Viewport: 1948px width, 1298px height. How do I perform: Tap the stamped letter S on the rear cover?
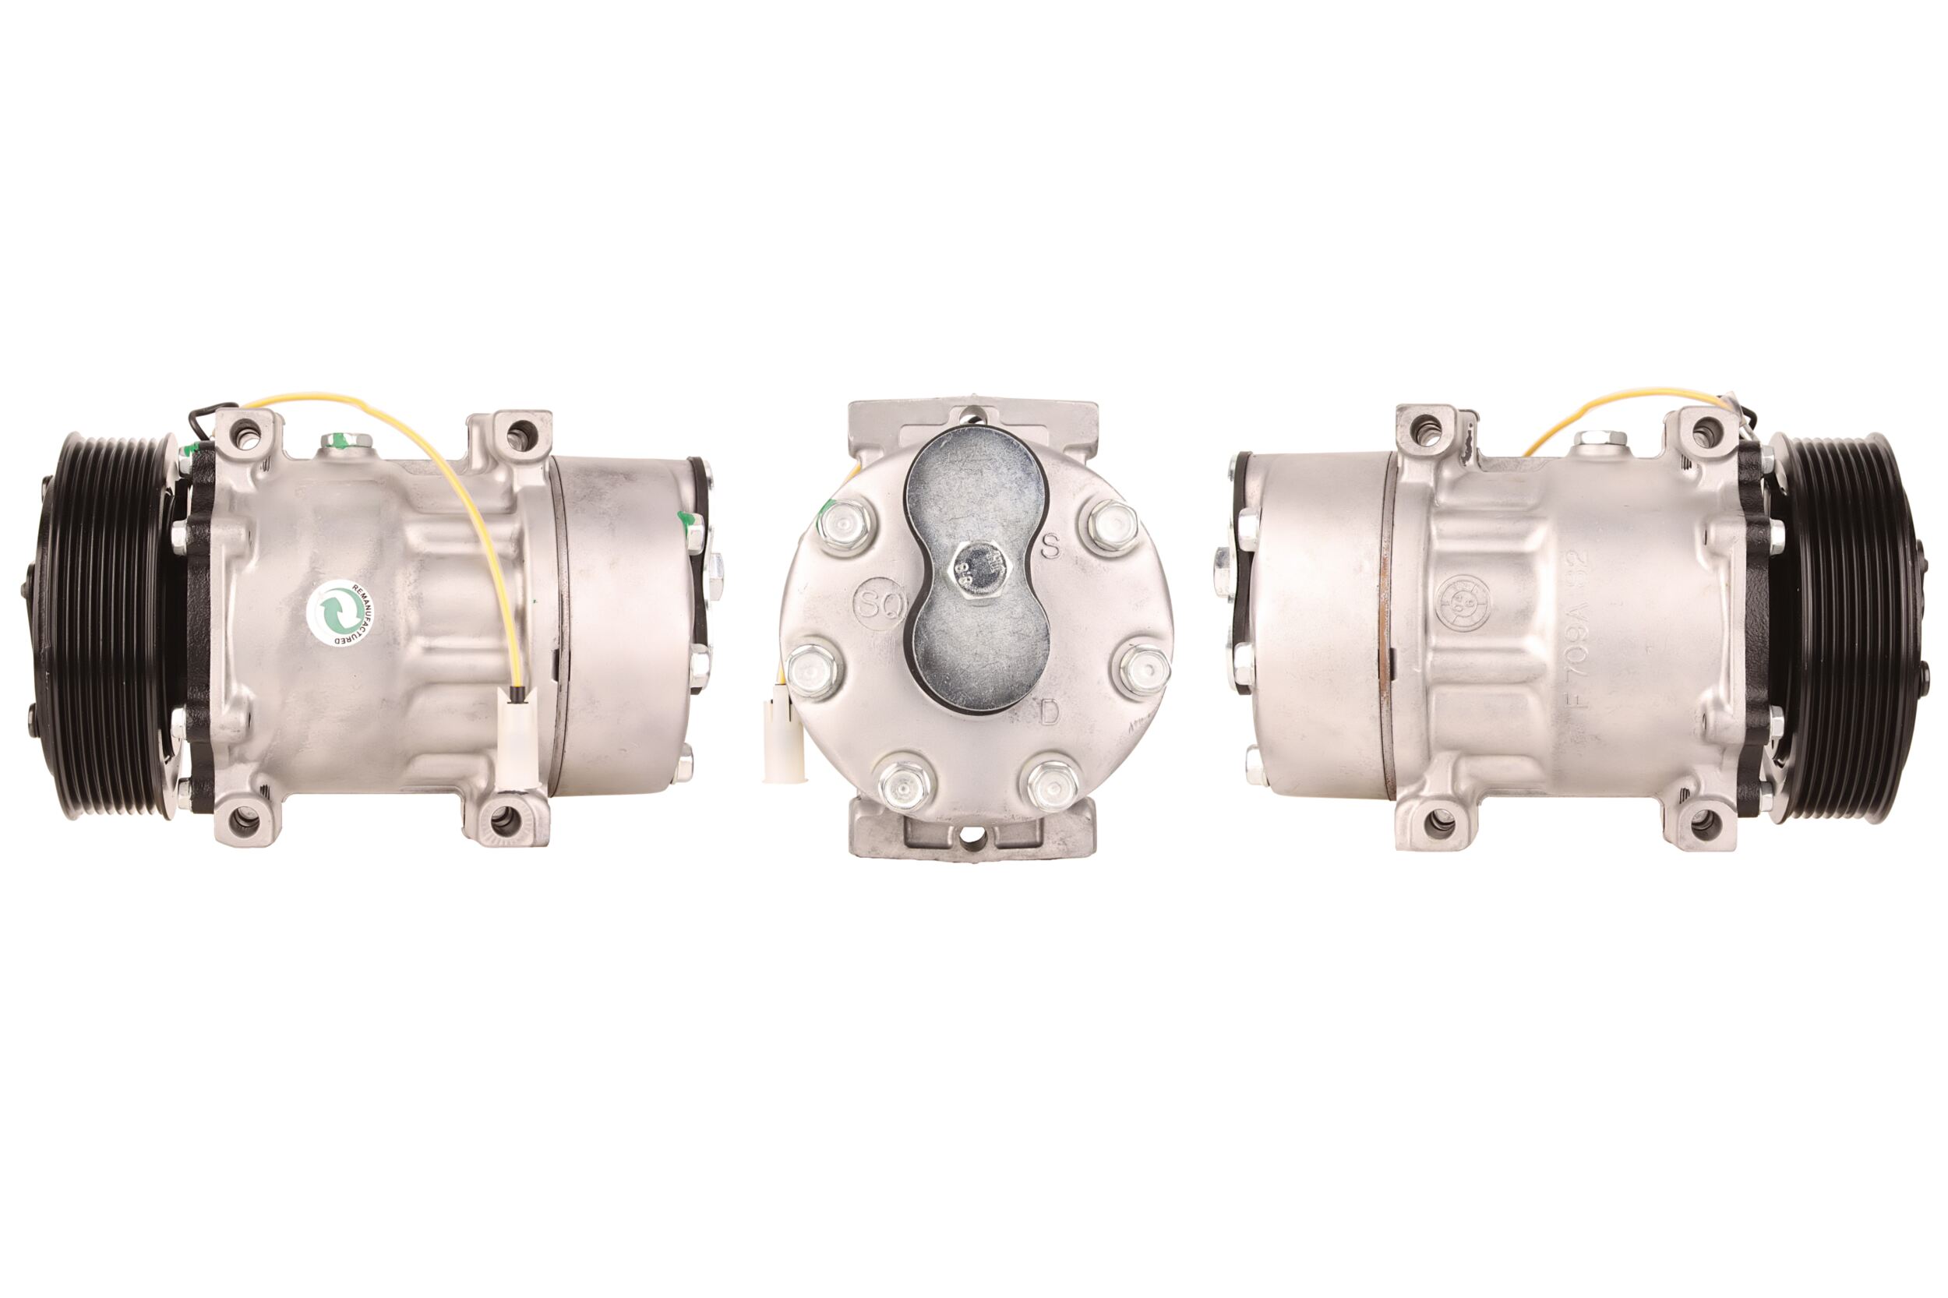1050,546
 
